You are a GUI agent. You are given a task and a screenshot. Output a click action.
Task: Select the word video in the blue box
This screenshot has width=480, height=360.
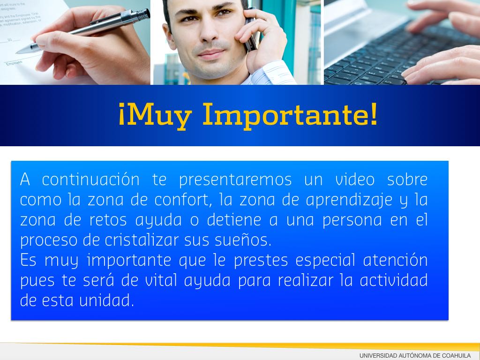[355, 180]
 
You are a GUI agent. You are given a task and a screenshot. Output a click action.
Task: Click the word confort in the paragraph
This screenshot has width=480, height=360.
[182, 200]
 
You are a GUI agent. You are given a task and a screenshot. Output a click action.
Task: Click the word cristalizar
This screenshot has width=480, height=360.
[142, 240]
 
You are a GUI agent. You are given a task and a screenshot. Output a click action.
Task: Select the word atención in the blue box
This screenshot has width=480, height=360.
[395, 261]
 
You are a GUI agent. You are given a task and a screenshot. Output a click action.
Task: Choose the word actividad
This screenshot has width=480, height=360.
[394, 281]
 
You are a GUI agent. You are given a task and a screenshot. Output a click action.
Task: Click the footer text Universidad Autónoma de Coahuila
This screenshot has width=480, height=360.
[415, 356]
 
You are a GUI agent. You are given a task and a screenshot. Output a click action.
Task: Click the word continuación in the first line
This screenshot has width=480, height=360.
[90, 180]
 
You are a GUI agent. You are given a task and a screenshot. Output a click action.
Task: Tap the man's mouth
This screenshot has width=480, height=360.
[210, 54]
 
